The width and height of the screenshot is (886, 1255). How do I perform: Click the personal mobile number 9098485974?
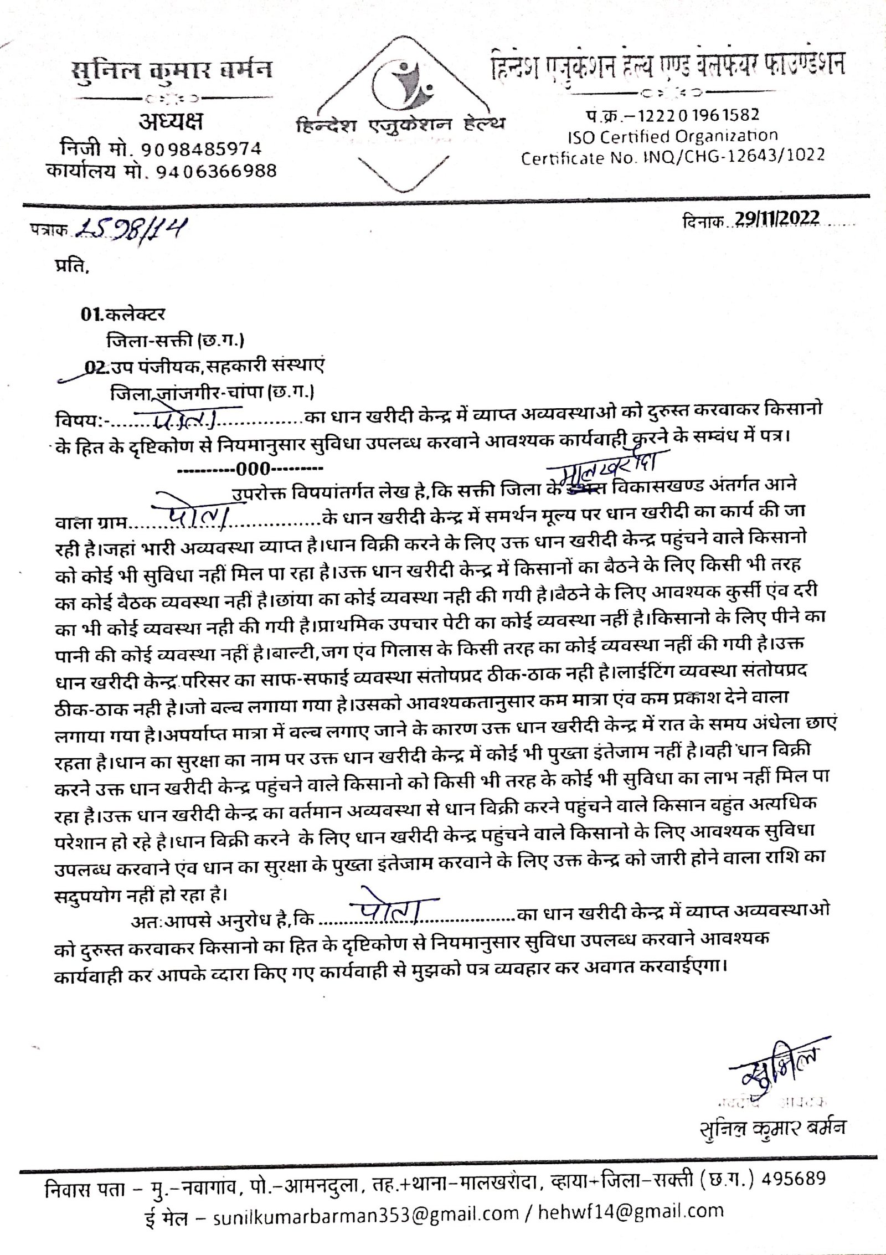[x=201, y=150]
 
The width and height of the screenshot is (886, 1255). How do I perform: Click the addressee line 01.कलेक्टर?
[x=122, y=315]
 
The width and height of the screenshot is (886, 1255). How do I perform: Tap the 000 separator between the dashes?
[x=252, y=470]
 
